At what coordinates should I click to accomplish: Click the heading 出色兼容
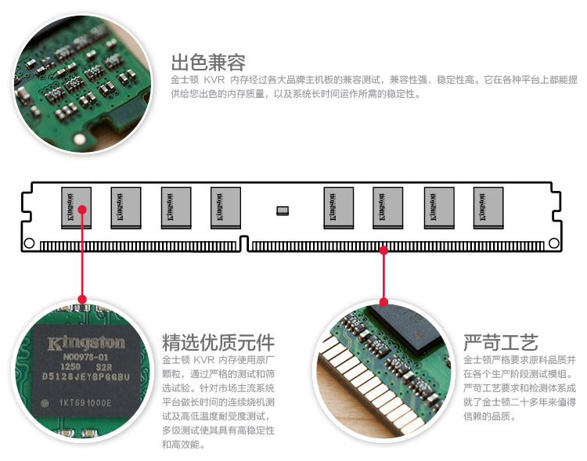coord(208,63)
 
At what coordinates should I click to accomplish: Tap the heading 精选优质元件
coord(218,343)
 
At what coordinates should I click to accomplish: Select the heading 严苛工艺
coord(500,343)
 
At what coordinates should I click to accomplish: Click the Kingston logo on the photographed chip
coord(86,343)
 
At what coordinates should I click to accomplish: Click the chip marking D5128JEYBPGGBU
coord(86,377)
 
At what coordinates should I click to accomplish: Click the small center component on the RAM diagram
coord(283,210)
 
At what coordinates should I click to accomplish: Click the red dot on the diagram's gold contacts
coord(384,250)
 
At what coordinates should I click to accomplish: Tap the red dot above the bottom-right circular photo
coord(384,301)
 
